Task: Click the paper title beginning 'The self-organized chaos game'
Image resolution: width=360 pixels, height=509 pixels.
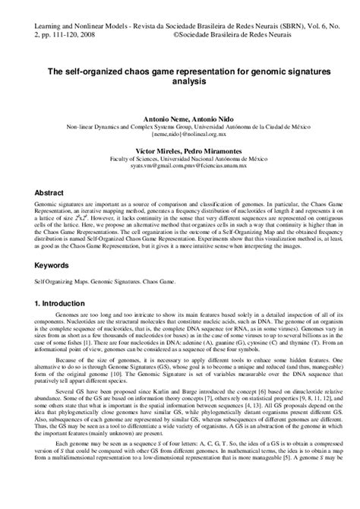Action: [x=179, y=71]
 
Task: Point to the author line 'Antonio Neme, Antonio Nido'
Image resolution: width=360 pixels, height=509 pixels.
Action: [x=179, y=119]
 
